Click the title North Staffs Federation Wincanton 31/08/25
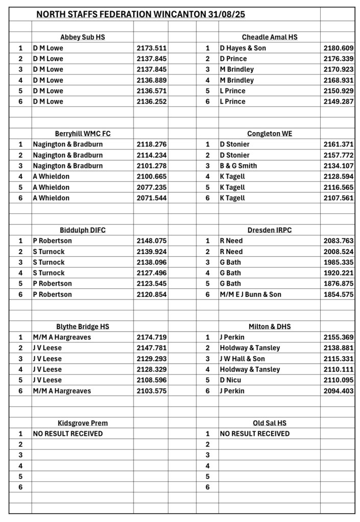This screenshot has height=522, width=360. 140,15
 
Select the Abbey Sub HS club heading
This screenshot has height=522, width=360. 83,37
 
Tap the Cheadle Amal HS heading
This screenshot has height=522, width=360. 270,37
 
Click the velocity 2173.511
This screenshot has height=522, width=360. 152,48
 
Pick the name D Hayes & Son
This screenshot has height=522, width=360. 243,48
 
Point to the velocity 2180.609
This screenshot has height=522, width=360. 339,48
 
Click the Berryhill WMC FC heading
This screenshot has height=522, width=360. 83,134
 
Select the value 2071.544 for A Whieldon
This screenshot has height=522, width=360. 152,198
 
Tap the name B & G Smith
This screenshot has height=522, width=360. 238,166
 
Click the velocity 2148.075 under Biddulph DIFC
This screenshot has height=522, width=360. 152,241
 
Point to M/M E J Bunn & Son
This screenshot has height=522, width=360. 251,294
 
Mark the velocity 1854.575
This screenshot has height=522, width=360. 339,294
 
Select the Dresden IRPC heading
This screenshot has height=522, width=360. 270,230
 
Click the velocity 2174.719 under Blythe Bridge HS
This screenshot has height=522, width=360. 152,337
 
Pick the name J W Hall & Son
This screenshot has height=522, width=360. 243,359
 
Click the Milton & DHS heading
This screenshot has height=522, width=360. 270,327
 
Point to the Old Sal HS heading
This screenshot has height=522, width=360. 270,423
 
